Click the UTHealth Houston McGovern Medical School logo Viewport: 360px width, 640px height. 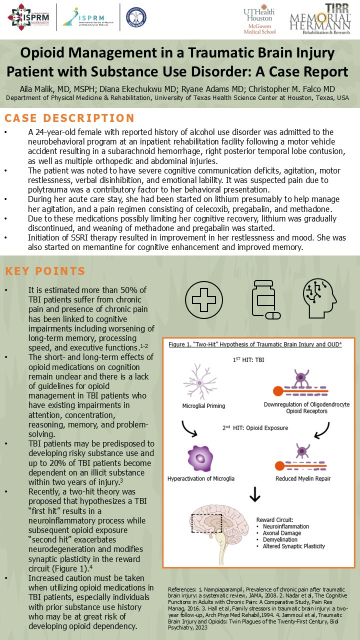pyautogui.click(x=259, y=19)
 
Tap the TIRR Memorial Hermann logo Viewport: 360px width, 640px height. pyautogui.click(x=320, y=19)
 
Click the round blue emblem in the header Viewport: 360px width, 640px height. pyautogui.click(x=136, y=17)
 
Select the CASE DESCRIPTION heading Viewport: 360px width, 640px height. pyautogui.click(x=69, y=118)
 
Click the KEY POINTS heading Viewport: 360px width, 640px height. pyautogui.click(x=45, y=271)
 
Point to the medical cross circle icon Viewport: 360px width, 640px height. pyautogui.click(x=204, y=300)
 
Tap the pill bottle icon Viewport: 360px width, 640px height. pyautogui.click(x=265, y=299)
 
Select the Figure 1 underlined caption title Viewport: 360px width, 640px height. pyautogui.click(x=255, y=344)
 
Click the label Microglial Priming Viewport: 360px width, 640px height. pyautogui.click(x=204, y=406)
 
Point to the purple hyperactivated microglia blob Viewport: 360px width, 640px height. pyautogui.click(x=200, y=458)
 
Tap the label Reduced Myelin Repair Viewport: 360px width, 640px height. pyautogui.click(x=303, y=478)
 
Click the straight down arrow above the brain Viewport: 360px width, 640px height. pyautogui.click(x=255, y=494)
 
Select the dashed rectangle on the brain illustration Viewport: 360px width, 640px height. pyautogui.click(x=206, y=523)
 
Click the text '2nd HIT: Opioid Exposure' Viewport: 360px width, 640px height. pyautogui.click(x=255, y=428)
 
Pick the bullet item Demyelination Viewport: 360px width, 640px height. pyautogui.click(x=280, y=539)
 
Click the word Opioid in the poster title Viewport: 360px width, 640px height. pyautogui.click(x=42, y=53)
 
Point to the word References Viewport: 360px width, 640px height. pyautogui.click(x=182, y=589)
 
